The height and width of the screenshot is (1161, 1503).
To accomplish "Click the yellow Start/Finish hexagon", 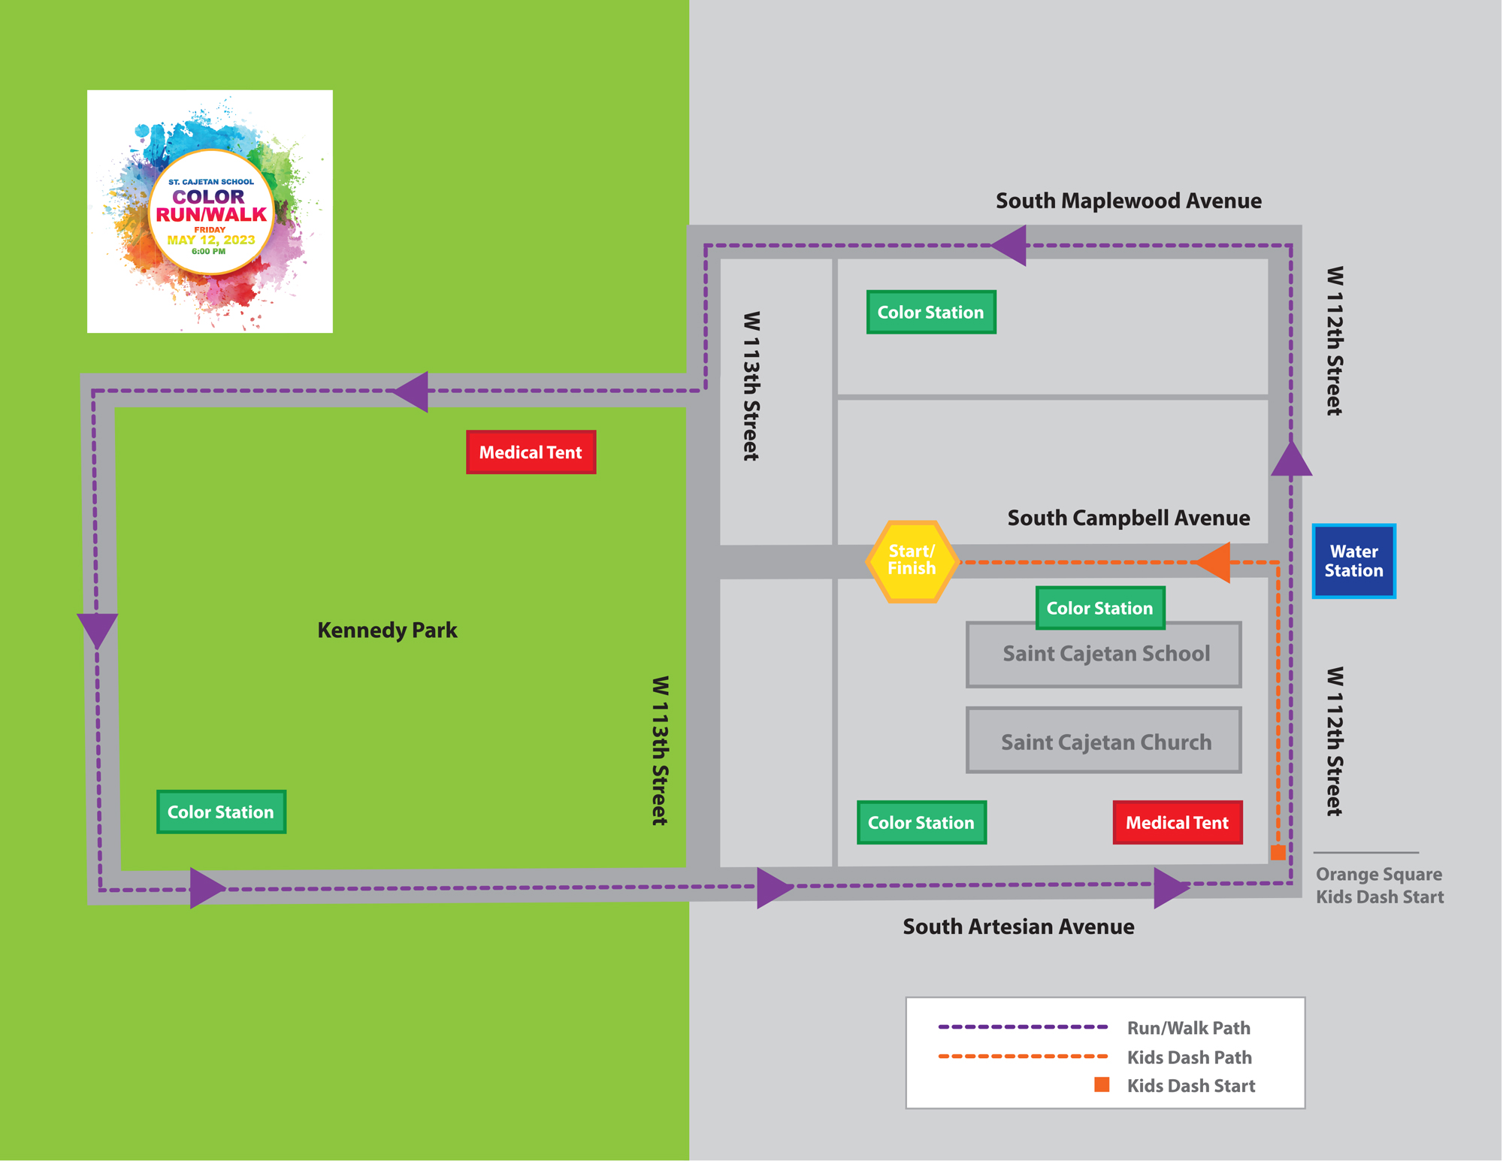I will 912,561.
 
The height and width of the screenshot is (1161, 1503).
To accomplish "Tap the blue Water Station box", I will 1353,561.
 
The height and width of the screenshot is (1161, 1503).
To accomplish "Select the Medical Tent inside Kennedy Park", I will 531,452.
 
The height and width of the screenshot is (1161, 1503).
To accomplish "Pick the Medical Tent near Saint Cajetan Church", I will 1177,823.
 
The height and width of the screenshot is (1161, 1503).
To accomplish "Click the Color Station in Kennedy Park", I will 221,812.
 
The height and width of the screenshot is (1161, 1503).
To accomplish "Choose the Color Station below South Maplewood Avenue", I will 930,312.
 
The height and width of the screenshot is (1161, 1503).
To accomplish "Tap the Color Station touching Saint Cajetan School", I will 1099,608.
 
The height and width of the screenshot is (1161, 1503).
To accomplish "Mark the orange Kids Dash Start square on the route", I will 1278,852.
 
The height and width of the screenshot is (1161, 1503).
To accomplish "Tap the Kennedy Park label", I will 387,630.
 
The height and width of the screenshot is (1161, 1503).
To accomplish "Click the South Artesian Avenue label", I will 1018,927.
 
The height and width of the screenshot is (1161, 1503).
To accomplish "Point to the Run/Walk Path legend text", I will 1188,1028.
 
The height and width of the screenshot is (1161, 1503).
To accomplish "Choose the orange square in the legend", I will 1102,1084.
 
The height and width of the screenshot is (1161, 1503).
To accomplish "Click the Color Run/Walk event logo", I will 210,211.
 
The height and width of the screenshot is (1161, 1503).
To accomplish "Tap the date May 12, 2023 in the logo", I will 210,240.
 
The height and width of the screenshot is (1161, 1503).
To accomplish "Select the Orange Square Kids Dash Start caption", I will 1379,885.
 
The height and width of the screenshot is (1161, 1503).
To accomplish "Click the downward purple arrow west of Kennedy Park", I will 97,628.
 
